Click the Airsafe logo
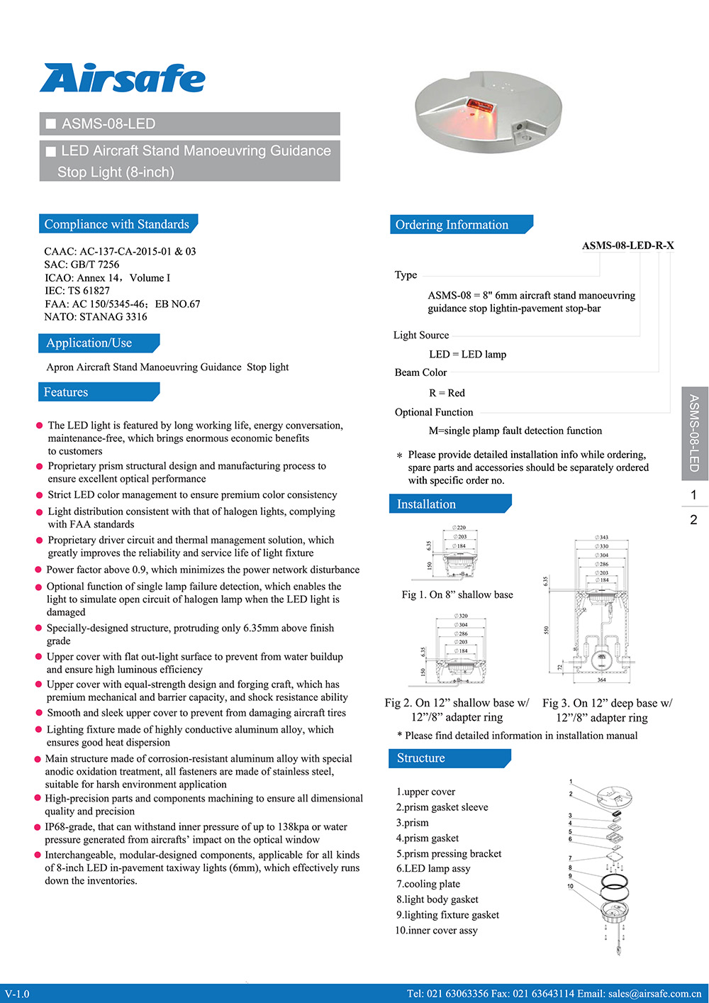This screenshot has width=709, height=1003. [123, 78]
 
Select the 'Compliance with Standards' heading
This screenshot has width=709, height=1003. [117, 224]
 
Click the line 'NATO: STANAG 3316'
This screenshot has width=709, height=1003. [96, 317]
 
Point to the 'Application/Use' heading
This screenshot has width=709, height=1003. [89, 343]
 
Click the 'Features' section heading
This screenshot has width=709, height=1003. [66, 392]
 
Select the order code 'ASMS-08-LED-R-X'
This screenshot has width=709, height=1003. [627, 245]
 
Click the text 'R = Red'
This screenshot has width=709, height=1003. [447, 393]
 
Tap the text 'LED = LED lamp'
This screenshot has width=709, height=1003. [467, 355]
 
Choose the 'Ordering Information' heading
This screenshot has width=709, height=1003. [452, 225]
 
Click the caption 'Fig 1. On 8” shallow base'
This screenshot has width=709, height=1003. [457, 594]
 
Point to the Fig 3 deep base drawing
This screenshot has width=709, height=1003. [601, 610]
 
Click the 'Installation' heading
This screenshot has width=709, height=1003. [426, 504]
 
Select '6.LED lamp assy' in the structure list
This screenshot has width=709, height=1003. [433, 869]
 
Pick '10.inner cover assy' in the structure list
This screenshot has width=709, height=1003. [436, 931]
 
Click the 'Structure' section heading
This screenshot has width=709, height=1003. [421, 758]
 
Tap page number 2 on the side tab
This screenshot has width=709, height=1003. [693, 520]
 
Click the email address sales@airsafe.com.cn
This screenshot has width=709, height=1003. [654, 994]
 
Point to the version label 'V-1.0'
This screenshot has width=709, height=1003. [17, 994]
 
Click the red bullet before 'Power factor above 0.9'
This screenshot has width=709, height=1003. [39, 570]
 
